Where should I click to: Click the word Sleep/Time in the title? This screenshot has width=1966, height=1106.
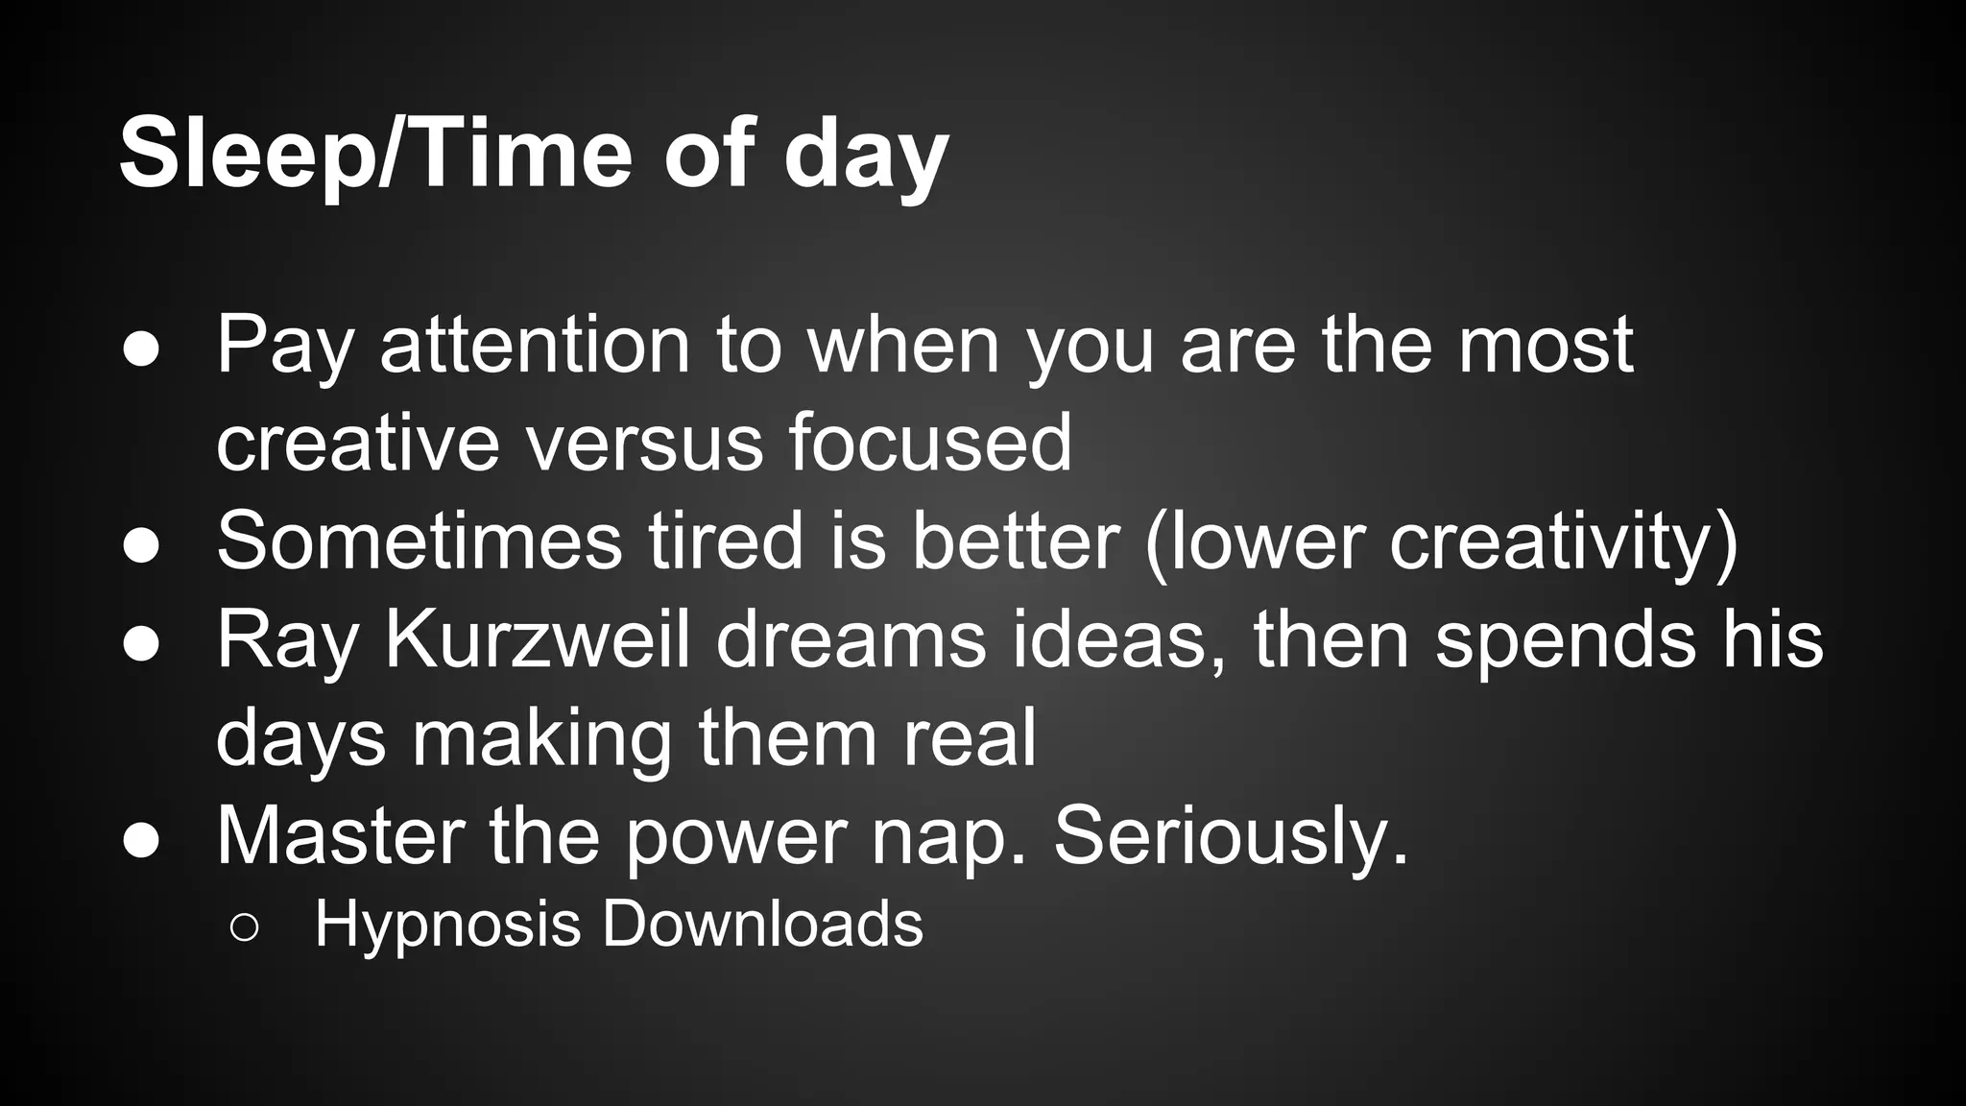(375, 154)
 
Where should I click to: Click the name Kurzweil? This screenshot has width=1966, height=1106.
(537, 640)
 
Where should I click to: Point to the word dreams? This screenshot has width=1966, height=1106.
(851, 640)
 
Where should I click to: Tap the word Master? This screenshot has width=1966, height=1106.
(341, 836)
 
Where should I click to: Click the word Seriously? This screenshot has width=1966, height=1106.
(1231, 838)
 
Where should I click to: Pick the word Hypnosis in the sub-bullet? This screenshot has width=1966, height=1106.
(447, 926)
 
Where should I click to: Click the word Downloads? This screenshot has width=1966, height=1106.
(762, 924)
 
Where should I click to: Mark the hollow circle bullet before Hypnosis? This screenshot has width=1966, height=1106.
(244, 927)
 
